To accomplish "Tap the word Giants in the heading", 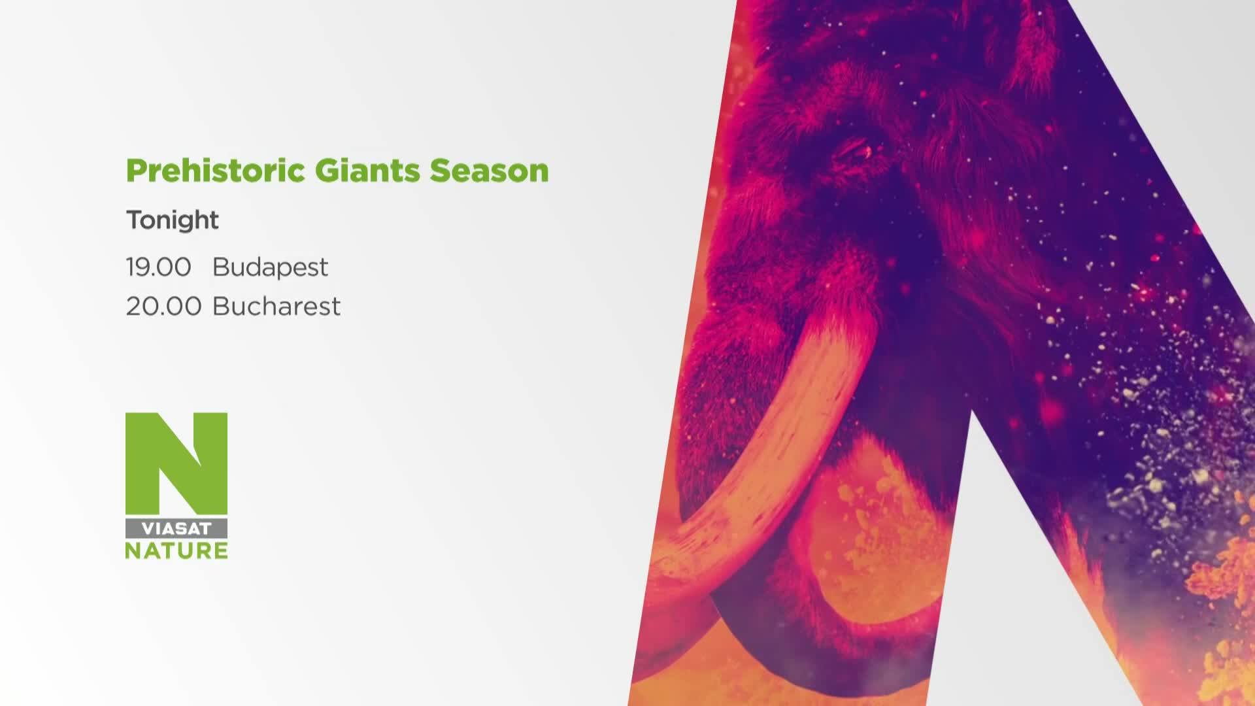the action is pyautogui.click(x=367, y=171).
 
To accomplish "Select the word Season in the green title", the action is pyautogui.click(x=489, y=171).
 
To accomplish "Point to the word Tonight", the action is pyautogui.click(x=173, y=220).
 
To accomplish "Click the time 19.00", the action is pyautogui.click(x=158, y=267).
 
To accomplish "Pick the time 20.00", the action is pyautogui.click(x=163, y=306).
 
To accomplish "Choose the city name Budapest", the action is pyautogui.click(x=270, y=267).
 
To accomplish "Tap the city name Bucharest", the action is pyautogui.click(x=276, y=306).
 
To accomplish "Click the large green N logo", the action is pyautogui.click(x=176, y=463).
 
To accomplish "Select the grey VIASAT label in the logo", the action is pyautogui.click(x=176, y=528).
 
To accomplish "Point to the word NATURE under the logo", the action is pyautogui.click(x=176, y=550).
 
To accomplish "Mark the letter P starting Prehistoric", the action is pyautogui.click(x=136, y=171).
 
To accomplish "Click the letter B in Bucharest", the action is pyautogui.click(x=221, y=306).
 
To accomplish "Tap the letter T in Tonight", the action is pyautogui.click(x=135, y=220).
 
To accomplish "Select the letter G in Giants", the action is pyautogui.click(x=326, y=171).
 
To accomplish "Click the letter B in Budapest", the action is pyautogui.click(x=221, y=267).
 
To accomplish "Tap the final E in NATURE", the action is pyautogui.click(x=220, y=550).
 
